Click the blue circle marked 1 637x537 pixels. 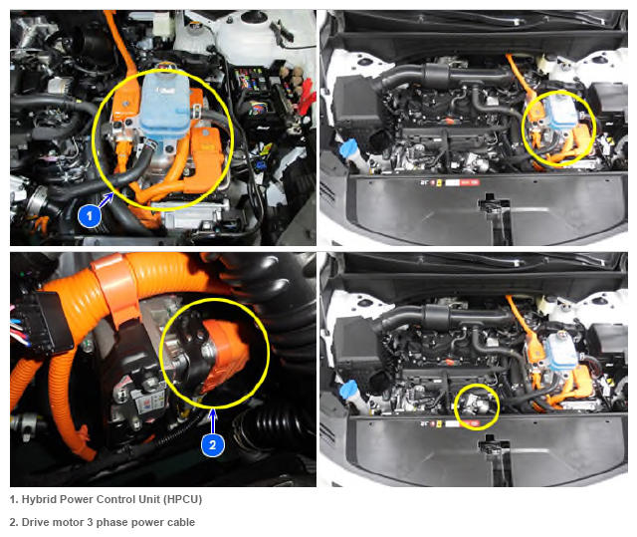pyautogui.click(x=90, y=215)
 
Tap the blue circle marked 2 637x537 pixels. pyautogui.click(x=212, y=444)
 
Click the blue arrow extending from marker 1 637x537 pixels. pyautogui.click(x=106, y=200)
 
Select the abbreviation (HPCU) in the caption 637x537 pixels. pyautogui.click(x=182, y=499)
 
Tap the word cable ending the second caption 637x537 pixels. pyautogui.click(x=180, y=522)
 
